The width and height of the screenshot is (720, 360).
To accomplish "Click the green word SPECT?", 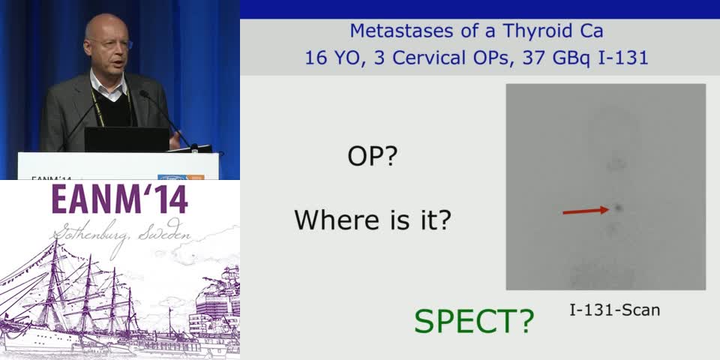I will click(x=474, y=321).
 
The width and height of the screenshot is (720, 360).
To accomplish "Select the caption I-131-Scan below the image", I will click(x=614, y=310).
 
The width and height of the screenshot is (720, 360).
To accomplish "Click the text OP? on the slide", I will click(x=372, y=157).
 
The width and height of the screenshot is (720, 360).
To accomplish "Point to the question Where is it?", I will click(x=372, y=220).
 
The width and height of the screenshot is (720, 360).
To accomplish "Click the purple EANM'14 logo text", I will click(x=120, y=200).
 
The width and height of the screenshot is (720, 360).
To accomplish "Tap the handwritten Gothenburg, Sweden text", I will click(x=120, y=234).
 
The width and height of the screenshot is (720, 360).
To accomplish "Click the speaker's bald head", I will click(x=105, y=30).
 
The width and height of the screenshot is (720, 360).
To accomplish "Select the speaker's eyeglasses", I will click(x=112, y=45).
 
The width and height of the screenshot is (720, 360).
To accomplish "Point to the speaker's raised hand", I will click(x=175, y=138).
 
